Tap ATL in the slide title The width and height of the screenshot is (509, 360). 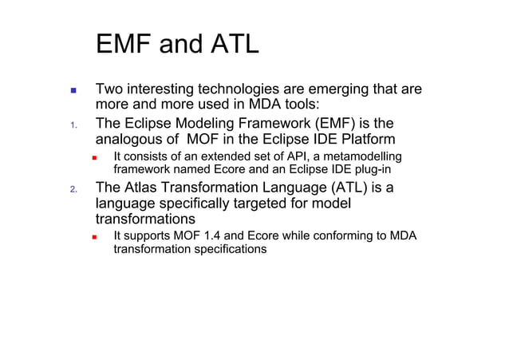pos(230,45)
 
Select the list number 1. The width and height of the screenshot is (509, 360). pos(72,125)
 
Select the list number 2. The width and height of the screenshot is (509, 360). pos(72,190)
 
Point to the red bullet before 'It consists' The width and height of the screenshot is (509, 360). pos(93,156)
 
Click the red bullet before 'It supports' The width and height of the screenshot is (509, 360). pos(93,237)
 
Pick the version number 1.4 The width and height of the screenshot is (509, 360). pos(215,236)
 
